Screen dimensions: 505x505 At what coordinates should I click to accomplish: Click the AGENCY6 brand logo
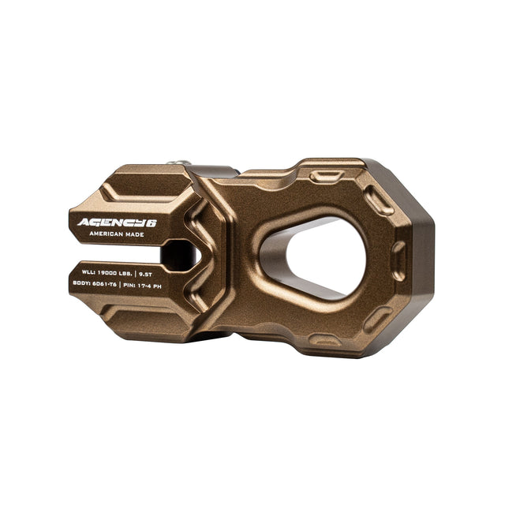pyautogui.click(x=116, y=223)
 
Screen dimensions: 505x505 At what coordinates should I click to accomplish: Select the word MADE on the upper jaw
pyautogui.click(x=134, y=235)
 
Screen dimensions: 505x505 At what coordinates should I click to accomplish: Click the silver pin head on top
pyautogui.click(x=181, y=163)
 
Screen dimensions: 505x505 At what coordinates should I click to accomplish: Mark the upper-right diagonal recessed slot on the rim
pyautogui.click(x=381, y=203)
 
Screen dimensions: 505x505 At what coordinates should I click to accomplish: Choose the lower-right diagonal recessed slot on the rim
pyautogui.click(x=377, y=318)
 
